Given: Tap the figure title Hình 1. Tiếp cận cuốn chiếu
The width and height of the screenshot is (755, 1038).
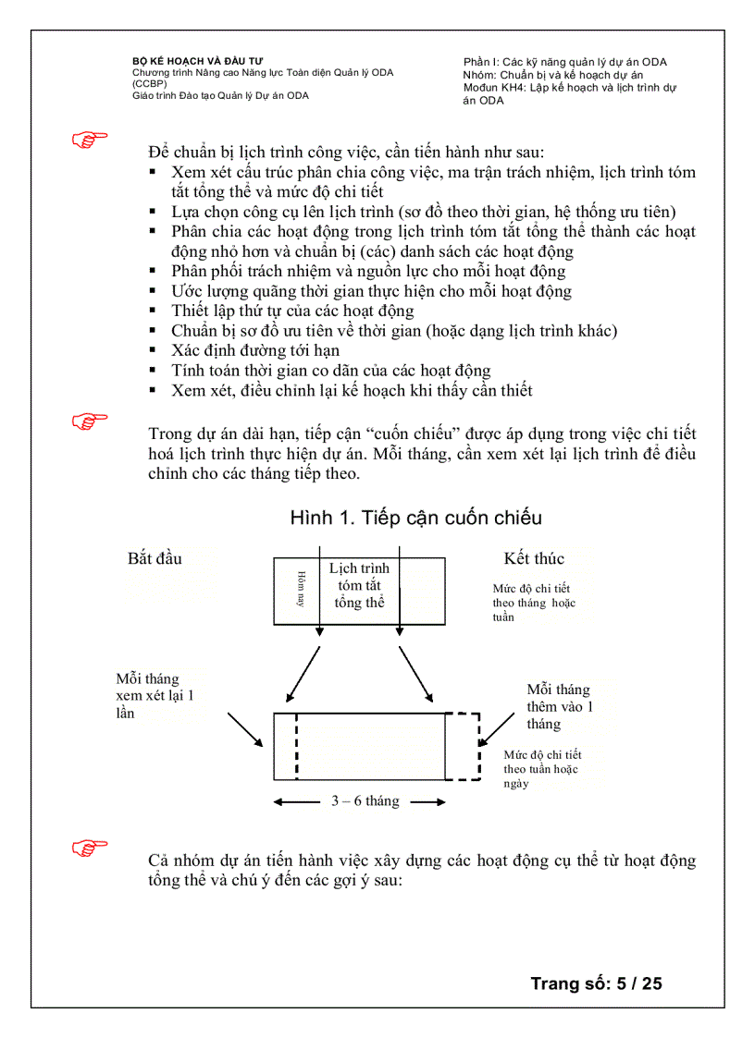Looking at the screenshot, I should pyautogui.click(x=415, y=518).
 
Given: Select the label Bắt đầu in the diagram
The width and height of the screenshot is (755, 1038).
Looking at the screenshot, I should pyautogui.click(x=155, y=558).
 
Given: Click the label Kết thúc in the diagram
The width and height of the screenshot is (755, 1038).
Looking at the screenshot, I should pyautogui.click(x=534, y=558).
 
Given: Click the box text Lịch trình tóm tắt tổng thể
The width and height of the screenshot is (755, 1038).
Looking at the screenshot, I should pyautogui.click(x=359, y=585).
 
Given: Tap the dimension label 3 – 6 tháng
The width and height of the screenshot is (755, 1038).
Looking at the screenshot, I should pyautogui.click(x=365, y=801).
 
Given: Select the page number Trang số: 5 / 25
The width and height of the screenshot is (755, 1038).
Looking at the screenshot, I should pyautogui.click(x=596, y=983).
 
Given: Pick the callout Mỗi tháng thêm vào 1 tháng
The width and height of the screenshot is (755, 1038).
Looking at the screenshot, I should pyautogui.click(x=558, y=706).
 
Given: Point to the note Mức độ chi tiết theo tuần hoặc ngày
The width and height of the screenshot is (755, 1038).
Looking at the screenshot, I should pyautogui.click(x=541, y=769).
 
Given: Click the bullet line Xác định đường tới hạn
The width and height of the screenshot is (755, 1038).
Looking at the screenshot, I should pyautogui.click(x=255, y=350).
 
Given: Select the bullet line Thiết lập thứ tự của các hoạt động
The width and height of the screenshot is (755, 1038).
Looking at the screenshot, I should pyautogui.click(x=292, y=311).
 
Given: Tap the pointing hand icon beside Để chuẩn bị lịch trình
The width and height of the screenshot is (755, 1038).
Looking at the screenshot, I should pyautogui.click(x=90, y=140).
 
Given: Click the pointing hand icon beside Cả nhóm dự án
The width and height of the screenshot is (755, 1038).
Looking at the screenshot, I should pyautogui.click(x=90, y=847).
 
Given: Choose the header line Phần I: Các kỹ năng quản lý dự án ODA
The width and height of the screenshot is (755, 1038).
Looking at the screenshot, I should pyautogui.click(x=565, y=62).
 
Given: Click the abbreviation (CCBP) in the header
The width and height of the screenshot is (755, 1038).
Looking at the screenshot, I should pyautogui.click(x=149, y=83).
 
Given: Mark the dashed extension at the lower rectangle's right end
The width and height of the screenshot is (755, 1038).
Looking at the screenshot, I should pyautogui.click(x=464, y=747).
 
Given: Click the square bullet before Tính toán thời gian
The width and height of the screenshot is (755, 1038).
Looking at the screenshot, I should pyautogui.click(x=153, y=371).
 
